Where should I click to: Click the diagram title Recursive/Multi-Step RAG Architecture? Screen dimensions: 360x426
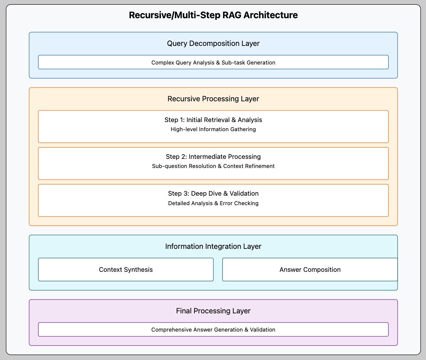[x=213, y=15]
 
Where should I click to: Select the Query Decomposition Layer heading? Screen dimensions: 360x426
[x=213, y=44]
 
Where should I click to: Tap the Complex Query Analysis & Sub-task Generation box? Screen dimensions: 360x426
[x=213, y=62]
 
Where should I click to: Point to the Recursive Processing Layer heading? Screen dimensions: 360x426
[x=213, y=99]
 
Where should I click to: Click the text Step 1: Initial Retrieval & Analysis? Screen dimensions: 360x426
[x=213, y=120]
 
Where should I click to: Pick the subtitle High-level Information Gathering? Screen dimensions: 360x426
[x=213, y=129]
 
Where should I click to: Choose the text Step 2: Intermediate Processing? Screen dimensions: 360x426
[x=213, y=157]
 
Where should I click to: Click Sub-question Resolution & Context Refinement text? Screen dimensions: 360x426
[x=213, y=166]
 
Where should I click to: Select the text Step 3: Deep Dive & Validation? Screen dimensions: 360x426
[x=213, y=193]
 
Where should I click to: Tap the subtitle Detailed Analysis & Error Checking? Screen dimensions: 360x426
[x=213, y=203]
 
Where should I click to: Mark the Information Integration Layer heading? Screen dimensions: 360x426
[x=213, y=246]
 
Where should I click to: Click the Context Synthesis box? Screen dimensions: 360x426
[x=126, y=270]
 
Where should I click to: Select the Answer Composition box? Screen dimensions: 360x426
[x=310, y=270]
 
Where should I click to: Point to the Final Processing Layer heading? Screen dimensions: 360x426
[x=213, y=311]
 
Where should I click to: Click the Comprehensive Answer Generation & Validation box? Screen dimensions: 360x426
[x=213, y=329]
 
